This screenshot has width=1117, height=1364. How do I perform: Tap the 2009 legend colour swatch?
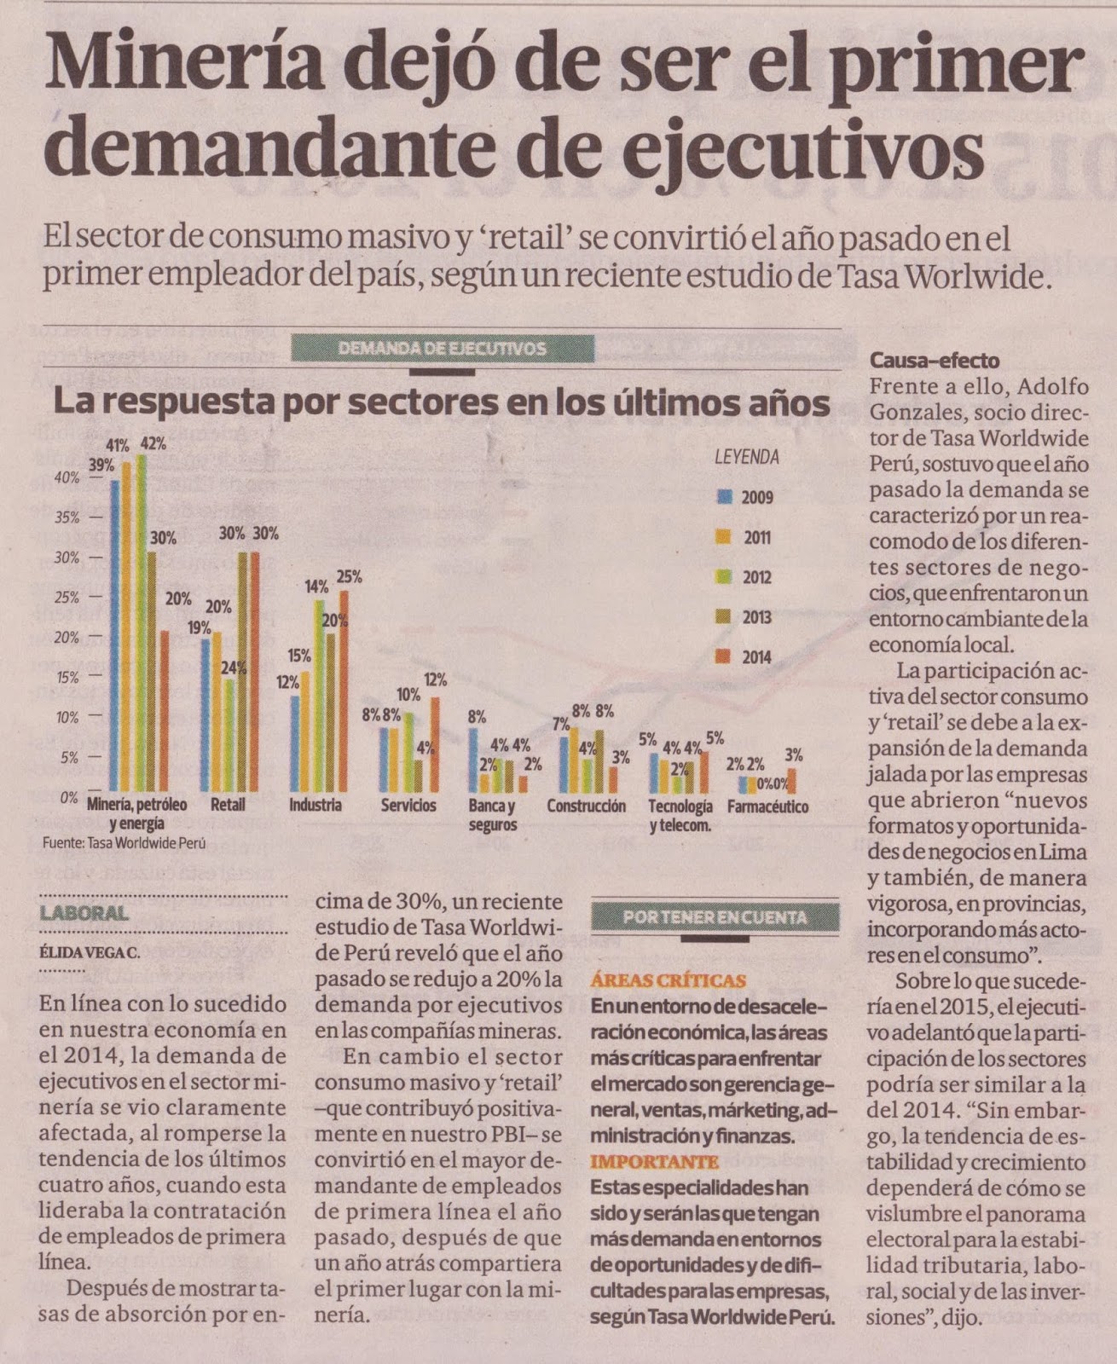tap(725, 497)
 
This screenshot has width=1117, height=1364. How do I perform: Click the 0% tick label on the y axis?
tap(69, 798)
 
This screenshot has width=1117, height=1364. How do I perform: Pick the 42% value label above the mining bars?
tap(153, 443)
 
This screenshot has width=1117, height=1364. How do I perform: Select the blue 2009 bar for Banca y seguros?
tap(473, 760)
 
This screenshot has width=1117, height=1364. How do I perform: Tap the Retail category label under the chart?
tap(228, 805)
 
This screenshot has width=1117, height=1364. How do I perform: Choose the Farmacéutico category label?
tap(767, 806)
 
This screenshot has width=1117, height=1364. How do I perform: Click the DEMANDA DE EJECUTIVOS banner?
tap(443, 349)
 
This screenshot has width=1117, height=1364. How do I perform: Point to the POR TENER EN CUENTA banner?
tap(715, 917)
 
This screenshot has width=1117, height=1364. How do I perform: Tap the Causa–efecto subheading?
tap(935, 361)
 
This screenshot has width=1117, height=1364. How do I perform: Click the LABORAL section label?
tap(84, 914)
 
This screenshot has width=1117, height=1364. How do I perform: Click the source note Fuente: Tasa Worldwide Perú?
tap(124, 841)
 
